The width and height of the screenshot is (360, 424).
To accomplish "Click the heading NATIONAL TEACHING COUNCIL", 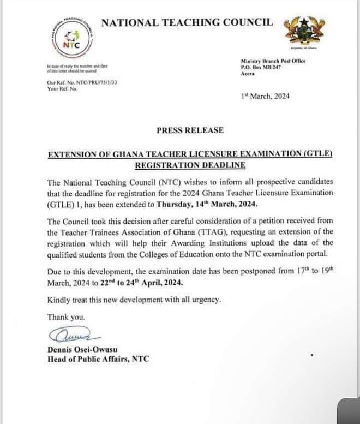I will [x=187, y=22].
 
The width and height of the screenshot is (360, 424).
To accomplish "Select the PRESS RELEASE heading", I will [x=190, y=130].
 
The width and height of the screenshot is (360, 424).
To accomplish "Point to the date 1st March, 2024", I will [x=265, y=97].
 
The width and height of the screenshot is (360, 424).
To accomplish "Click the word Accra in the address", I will [x=248, y=73].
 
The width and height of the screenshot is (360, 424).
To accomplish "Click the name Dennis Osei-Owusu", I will [x=82, y=349].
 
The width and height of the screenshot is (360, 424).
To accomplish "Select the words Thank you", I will [x=66, y=317].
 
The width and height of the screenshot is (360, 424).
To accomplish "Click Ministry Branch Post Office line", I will [x=273, y=61].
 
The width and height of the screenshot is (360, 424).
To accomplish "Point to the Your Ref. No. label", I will [x=63, y=89].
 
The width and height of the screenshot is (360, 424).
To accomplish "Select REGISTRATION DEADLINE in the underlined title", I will [x=190, y=165].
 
